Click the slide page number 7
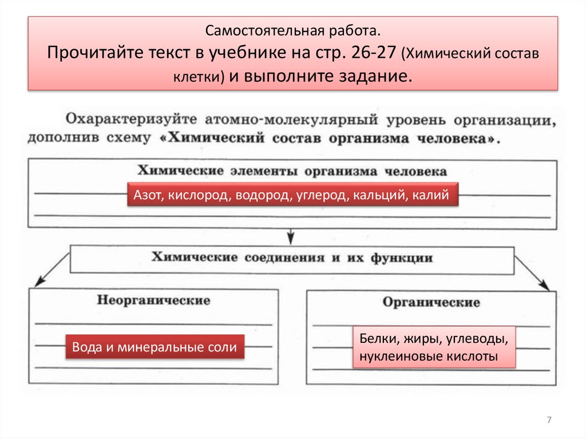(549, 421)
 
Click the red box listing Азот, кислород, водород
(292, 196)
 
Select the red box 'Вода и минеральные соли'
(155, 347)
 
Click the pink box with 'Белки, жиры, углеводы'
(434, 347)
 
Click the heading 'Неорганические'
(153, 300)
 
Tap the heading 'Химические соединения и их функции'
(292, 258)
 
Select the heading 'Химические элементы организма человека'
(292, 171)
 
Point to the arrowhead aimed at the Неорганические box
(39, 281)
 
